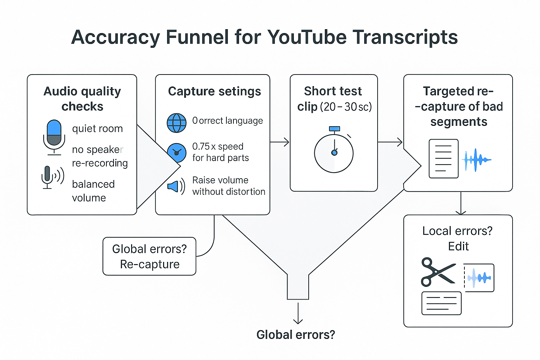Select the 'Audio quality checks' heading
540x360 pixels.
[x=82, y=99]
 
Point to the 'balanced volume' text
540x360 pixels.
[x=93, y=191]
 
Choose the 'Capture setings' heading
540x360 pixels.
[x=214, y=91]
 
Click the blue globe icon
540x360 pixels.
[x=176, y=123]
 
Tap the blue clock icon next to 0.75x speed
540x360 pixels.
[x=176, y=153]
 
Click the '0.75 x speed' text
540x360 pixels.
[x=218, y=146]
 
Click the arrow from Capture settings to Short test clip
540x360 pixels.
[x=280, y=142]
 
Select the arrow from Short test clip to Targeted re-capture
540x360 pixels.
[x=391, y=142]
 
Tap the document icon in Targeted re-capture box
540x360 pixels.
[x=443, y=159]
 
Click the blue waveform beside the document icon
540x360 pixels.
[x=476, y=160]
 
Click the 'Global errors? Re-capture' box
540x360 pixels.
[x=149, y=256]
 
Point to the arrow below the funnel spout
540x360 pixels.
[x=298, y=313]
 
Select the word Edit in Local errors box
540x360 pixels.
[x=458, y=246]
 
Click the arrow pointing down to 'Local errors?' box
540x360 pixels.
[x=461, y=204]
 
